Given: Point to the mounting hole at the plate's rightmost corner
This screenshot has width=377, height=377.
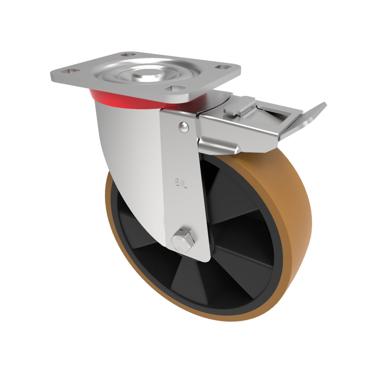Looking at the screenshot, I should click(x=223, y=67).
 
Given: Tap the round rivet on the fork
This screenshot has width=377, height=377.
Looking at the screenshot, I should click(x=184, y=127).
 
